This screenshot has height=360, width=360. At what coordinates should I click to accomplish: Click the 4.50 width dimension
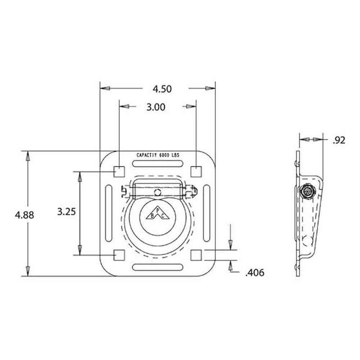coord(162,89)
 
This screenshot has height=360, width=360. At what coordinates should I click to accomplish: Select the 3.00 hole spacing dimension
coord(156,107)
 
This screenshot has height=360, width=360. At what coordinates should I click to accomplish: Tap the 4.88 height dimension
coord(24,215)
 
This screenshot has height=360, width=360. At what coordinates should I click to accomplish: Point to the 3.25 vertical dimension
coord(66,211)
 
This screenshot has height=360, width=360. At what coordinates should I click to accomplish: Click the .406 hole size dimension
coord(255,273)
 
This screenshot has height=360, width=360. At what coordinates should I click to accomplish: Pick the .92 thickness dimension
coord(339,140)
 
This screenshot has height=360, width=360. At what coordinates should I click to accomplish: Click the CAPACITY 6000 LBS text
coord(158,155)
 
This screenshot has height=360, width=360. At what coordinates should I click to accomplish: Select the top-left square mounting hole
coord(119,171)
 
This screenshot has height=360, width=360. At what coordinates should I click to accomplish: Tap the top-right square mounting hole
coord(196,171)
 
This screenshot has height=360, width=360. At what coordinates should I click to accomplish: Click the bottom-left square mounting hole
coord(119,255)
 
